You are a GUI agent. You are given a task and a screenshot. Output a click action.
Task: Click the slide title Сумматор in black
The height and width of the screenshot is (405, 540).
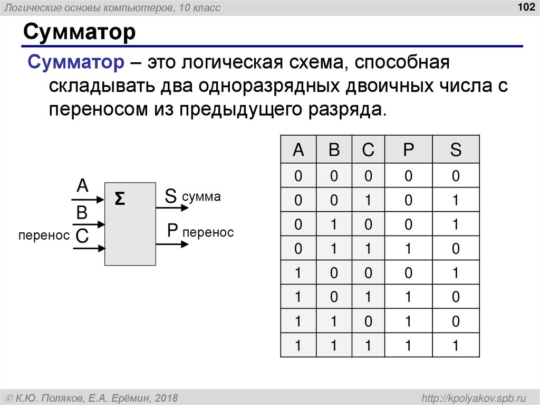click(79, 33)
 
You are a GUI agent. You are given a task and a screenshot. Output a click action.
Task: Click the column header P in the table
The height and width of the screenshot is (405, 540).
click(409, 150)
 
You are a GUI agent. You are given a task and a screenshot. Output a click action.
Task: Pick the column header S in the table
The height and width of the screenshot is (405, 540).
click(456, 150)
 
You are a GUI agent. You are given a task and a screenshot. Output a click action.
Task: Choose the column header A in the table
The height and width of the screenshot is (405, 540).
click(298, 150)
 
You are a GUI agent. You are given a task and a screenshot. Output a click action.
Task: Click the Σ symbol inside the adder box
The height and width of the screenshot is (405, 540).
click(120, 199)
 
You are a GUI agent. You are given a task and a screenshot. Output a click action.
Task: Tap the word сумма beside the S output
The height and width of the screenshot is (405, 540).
click(201, 197)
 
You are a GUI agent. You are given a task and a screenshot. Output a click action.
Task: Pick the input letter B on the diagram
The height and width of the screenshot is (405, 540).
click(82, 212)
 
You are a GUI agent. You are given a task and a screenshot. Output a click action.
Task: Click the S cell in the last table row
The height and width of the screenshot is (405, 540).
click(456, 346)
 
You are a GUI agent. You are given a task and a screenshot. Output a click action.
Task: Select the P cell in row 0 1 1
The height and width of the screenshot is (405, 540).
click(409, 248)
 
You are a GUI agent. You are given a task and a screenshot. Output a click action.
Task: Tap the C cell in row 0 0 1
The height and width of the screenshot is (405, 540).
click(368, 200)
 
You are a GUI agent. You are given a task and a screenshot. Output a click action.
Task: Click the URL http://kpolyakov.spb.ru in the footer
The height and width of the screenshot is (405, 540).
click(471, 397)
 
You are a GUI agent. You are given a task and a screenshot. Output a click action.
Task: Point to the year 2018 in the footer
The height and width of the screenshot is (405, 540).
click(167, 397)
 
